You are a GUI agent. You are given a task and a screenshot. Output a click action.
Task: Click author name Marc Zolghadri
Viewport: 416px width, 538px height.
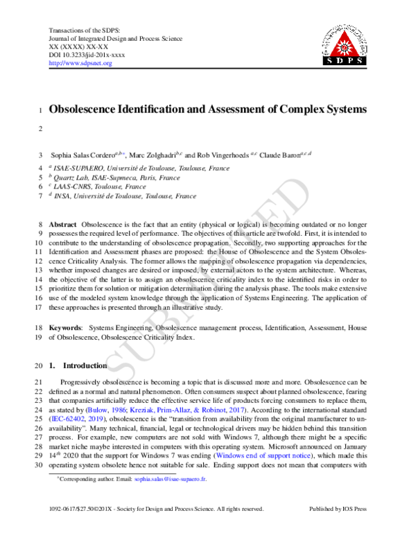pos(153,155)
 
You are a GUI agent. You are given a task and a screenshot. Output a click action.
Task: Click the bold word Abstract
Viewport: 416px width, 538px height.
pos(62,226)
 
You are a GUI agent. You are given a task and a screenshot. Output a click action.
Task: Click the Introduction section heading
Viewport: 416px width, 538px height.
pos(85,365)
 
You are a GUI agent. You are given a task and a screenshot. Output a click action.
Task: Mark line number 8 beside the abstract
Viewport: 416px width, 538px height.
pos(40,226)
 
